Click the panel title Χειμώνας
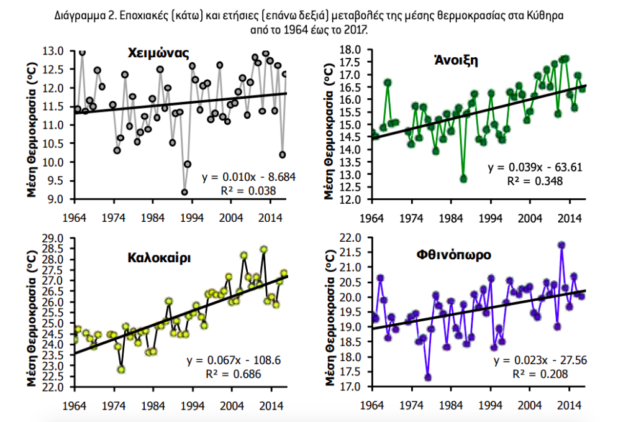pos(158,53)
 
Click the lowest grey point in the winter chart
pos(184,192)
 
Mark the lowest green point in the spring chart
pos(463,179)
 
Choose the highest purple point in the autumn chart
pos(561,245)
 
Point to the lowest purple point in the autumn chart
pos(428,377)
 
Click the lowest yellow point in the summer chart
pos(121,369)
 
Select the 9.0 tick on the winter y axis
pos(57,200)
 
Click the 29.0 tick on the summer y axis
pos(57,238)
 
